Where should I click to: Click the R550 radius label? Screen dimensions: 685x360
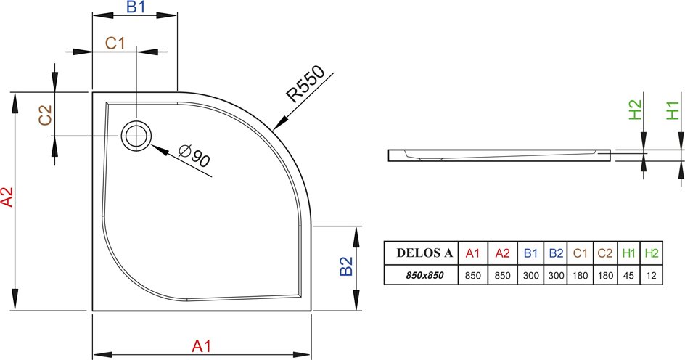pos(305,84)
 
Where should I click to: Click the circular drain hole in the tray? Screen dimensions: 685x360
pos(136,136)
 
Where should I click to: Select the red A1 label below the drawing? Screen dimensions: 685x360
pos(202,346)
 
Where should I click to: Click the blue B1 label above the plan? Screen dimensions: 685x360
pos(136,7)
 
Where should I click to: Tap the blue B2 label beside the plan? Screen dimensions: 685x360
pos(346,266)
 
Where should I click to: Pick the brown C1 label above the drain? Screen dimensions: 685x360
pos(115,44)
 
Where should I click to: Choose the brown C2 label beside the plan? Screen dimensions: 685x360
pos(45,115)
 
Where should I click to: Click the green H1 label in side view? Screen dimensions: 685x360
pos(673,110)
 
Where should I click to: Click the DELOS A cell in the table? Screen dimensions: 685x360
pos(421,253)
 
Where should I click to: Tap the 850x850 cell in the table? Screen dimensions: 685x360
pos(421,275)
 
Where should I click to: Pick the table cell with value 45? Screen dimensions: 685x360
pos(628,275)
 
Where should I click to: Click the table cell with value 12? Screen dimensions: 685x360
pos(652,275)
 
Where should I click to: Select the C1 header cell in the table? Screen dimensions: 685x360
pos(581,253)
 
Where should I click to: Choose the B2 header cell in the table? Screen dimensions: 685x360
pos(556,253)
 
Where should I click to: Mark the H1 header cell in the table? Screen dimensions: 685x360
pos(628,253)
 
